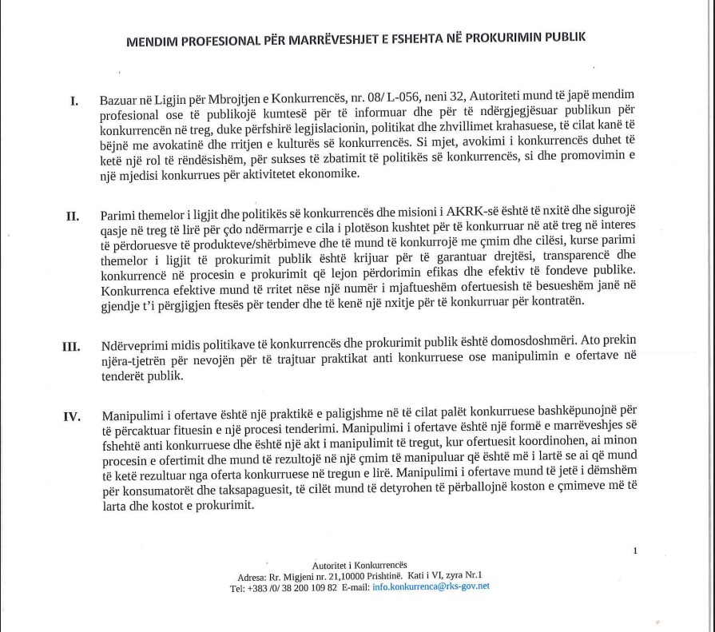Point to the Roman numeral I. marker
(x=74, y=101)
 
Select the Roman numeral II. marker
(x=72, y=216)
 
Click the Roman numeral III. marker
(x=70, y=347)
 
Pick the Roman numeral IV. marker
(x=70, y=416)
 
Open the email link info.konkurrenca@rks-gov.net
(x=431, y=586)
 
